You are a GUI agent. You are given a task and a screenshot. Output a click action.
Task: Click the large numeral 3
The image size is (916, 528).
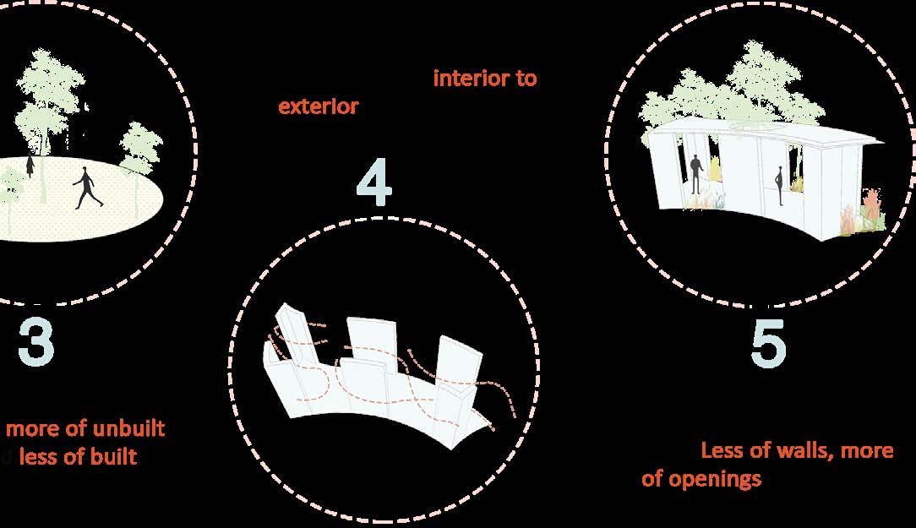(35, 343)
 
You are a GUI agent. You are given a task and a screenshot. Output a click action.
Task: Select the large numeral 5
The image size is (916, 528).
(768, 345)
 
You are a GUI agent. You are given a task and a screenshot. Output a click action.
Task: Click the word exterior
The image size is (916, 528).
(318, 107)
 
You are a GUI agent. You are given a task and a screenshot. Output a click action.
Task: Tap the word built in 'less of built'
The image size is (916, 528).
(114, 457)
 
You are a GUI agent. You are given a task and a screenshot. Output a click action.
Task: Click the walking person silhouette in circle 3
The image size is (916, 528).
(86, 188)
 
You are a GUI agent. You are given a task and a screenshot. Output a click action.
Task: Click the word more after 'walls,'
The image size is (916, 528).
(867, 450)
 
